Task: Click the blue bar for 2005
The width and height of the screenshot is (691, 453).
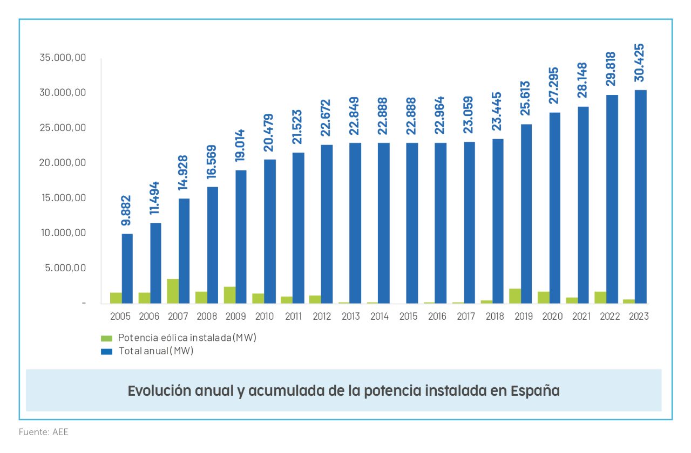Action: [x=127, y=269]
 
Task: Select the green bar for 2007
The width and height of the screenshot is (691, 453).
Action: [x=173, y=291]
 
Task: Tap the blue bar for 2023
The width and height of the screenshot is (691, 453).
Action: [x=640, y=197]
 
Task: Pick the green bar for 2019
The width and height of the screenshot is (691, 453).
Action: [x=516, y=296]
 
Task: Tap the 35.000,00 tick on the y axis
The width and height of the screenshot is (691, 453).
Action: [x=63, y=58]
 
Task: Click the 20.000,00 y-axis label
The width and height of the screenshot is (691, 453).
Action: [x=63, y=163]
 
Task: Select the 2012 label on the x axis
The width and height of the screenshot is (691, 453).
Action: [x=322, y=317]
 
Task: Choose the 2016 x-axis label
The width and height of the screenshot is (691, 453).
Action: [x=437, y=317]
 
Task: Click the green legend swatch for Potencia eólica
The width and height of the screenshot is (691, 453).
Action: [x=107, y=339]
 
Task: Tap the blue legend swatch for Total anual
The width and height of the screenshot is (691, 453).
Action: [x=107, y=351]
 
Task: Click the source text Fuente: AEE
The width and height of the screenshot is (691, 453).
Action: [x=44, y=432]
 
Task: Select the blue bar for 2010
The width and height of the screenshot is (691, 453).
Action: [x=270, y=231]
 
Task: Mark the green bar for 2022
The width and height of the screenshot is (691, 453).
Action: [x=600, y=297]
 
